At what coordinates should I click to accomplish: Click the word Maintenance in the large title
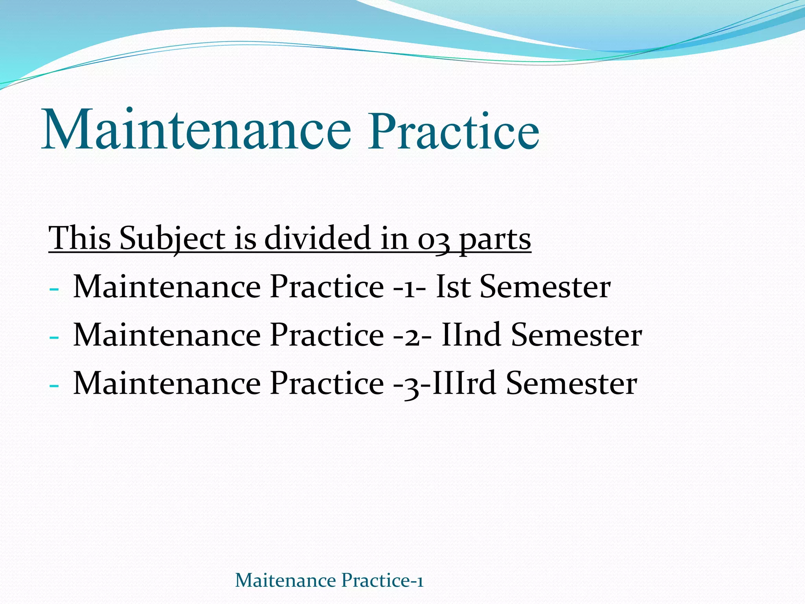pyautogui.click(x=196, y=130)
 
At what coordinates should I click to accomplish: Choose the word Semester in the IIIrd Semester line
pyautogui.click(x=572, y=383)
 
